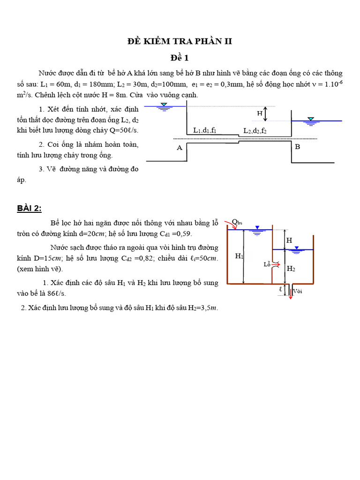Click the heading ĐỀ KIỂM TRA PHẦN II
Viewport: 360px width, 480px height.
pos(180,42)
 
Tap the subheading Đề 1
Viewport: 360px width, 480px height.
pos(180,58)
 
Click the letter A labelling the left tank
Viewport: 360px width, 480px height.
pos(179,148)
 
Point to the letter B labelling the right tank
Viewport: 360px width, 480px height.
pos(297,147)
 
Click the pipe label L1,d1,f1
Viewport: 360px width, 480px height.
pos(205,130)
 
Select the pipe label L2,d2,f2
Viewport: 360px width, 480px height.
pos(255,131)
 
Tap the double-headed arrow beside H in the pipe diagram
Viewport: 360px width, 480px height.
pos(266,113)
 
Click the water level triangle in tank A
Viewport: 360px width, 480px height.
pos(164,105)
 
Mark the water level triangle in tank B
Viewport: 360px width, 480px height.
pos(309,119)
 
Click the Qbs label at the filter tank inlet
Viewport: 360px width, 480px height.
pos(237,222)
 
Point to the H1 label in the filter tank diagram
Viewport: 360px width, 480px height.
pos(239,256)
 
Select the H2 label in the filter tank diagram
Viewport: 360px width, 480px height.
pos(291,269)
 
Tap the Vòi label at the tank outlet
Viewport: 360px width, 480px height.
pos(298,291)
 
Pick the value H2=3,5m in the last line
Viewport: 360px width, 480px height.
pos(199,308)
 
